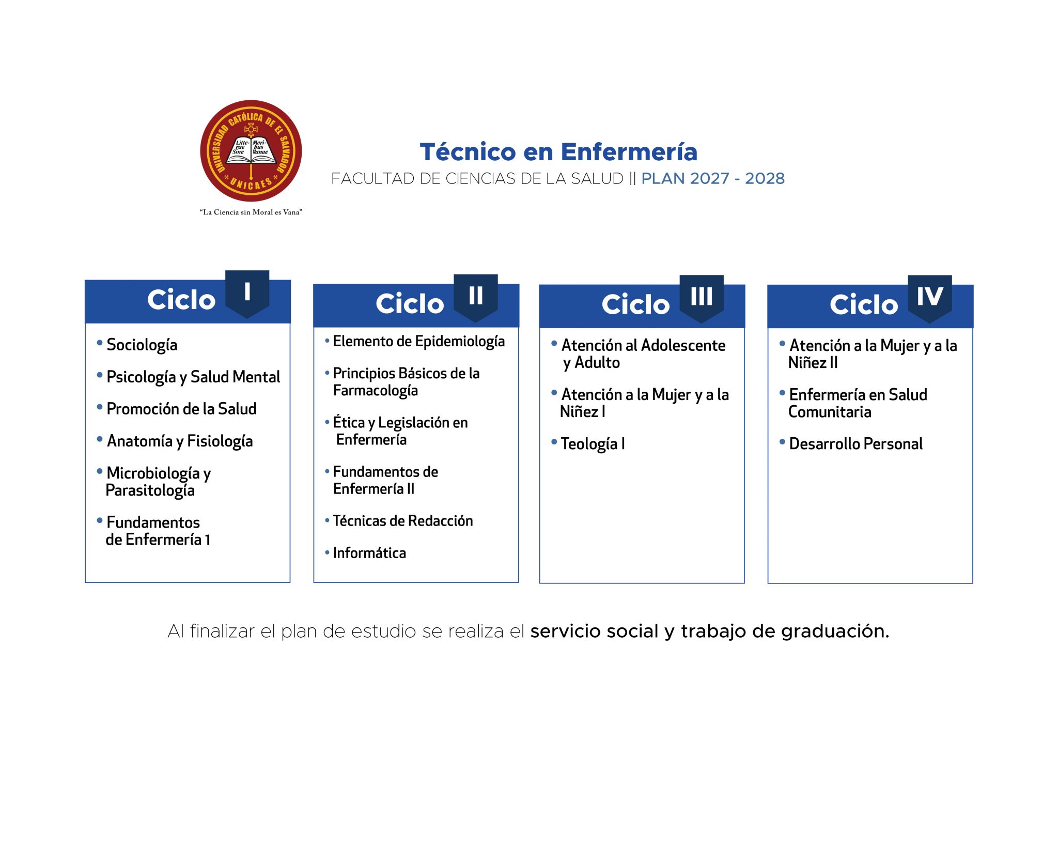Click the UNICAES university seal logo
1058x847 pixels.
click(251, 151)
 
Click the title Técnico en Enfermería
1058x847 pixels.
click(558, 152)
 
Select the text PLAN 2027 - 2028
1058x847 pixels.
click(713, 178)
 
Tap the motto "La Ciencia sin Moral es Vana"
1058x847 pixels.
click(251, 212)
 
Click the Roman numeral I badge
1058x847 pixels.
click(247, 294)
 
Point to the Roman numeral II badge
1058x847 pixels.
click(476, 298)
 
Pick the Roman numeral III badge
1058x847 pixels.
click(702, 298)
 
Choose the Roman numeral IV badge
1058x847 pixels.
click(930, 298)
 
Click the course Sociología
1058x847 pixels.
click(142, 345)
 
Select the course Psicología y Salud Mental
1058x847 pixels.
click(193, 377)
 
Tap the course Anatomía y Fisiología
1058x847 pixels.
click(180, 441)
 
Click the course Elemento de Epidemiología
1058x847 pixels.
click(418, 342)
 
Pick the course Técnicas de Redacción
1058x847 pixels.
click(403, 520)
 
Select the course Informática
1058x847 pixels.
click(369, 553)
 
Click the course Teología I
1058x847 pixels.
click(593, 444)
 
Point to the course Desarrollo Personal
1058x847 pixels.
click(856, 444)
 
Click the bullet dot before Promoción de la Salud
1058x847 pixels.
click(100, 407)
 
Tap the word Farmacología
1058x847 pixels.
click(376, 391)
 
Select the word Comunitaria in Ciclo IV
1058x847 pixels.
click(830, 412)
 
